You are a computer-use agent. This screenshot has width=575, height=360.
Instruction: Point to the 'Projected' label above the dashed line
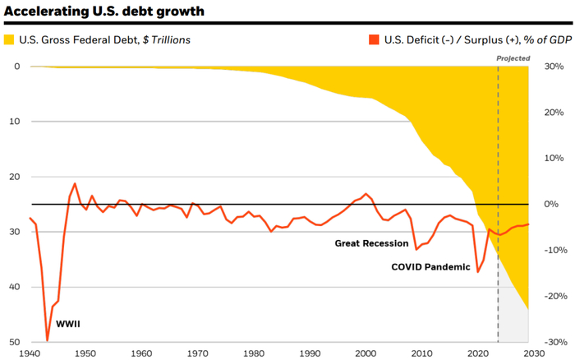pyautogui.click(x=514, y=58)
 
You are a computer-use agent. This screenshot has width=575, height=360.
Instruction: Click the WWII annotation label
pyautogui.click(x=67, y=324)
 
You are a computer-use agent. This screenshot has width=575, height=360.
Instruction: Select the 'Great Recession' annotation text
pyautogui.click(x=371, y=243)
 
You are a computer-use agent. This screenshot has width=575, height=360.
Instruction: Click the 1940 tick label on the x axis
pyautogui.click(x=30, y=352)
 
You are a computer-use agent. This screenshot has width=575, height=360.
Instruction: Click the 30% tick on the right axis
pyautogui.click(x=553, y=67)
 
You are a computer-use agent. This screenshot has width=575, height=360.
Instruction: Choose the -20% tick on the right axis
pyautogui.click(x=551, y=296)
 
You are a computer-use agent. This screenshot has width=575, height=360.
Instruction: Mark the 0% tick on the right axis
pyautogui.click(x=550, y=204)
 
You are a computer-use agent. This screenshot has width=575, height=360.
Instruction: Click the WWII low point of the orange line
pyautogui.click(x=47, y=339)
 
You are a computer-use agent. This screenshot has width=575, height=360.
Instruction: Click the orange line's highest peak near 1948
pyautogui.click(x=75, y=184)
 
